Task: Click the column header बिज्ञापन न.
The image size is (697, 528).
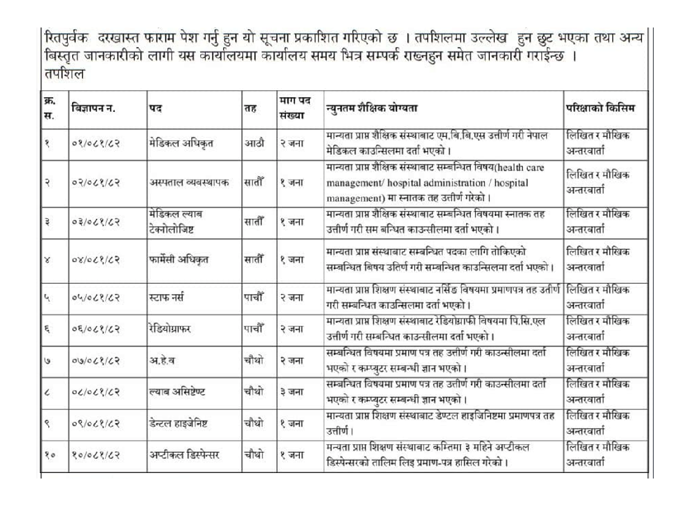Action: (93, 108)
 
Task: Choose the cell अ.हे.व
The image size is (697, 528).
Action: (162, 361)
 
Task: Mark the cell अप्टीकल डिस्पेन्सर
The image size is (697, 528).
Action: (186, 455)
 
